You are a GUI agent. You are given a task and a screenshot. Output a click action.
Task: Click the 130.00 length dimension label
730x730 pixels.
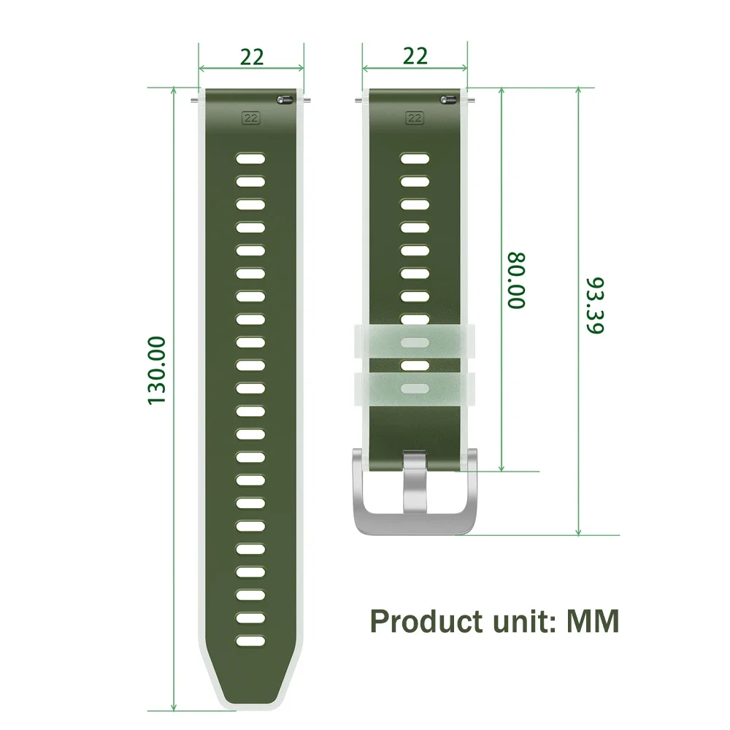click(157, 370)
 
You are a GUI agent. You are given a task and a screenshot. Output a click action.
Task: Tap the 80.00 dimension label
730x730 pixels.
click(516, 280)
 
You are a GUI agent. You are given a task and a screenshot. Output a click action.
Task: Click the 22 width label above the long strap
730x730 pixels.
click(251, 57)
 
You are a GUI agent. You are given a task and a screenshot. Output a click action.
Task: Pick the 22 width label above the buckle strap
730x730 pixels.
click(415, 55)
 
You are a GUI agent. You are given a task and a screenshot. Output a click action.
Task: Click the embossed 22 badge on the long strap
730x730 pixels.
click(251, 116)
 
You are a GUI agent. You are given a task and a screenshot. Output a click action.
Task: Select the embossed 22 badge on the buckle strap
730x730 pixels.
click(415, 116)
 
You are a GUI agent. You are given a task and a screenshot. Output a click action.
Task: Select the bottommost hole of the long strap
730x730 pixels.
click(250, 641)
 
